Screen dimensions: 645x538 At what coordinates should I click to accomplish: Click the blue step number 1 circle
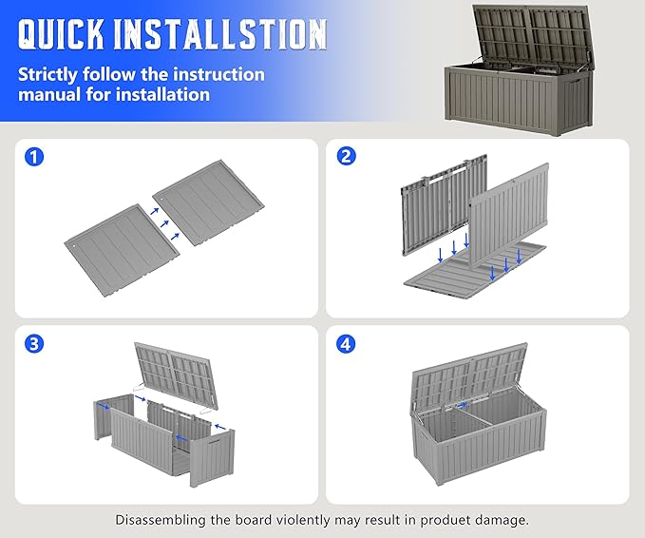pos(34,157)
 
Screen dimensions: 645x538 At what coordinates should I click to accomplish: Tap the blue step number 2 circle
pos(346,156)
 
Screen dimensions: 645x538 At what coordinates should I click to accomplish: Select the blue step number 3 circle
pos(34,344)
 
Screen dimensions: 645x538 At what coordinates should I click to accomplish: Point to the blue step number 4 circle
pos(346,344)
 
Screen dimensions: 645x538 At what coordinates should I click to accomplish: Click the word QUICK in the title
pos(61,34)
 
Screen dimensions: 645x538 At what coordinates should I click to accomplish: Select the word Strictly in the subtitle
pos(47,75)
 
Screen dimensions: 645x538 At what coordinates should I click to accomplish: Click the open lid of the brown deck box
pos(534,36)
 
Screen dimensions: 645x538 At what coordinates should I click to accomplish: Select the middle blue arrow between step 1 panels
pos(164,224)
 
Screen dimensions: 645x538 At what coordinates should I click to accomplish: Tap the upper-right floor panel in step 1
pos(209,202)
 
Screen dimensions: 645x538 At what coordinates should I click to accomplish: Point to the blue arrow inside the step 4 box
pos(463,405)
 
